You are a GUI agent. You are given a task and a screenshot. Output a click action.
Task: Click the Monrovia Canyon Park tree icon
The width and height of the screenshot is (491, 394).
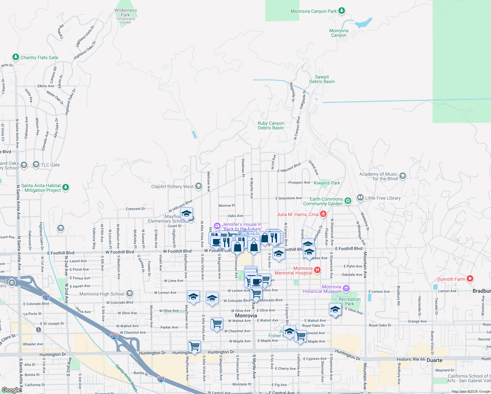coord(341,11)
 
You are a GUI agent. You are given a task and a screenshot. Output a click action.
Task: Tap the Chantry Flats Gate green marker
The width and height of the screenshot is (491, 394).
coord(15,57)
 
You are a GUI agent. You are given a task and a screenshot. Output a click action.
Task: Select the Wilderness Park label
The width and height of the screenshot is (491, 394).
coord(125,12)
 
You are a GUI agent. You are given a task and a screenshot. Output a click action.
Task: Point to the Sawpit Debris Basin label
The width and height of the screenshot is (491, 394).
coord(322,79)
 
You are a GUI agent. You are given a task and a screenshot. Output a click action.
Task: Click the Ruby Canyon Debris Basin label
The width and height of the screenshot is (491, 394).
coord(271,126)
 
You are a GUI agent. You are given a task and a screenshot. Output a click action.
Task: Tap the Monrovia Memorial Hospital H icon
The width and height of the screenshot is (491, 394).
coord(317,270)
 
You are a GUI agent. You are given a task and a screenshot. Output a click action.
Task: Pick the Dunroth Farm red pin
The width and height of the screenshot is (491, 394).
coord(470,279)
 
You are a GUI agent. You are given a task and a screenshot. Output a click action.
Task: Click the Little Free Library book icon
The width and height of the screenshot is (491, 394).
coord(360,198)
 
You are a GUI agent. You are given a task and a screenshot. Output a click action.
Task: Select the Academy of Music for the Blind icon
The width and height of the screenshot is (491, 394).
coord(403,176)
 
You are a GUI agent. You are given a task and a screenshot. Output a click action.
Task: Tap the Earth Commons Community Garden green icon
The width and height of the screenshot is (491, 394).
coord(348,200)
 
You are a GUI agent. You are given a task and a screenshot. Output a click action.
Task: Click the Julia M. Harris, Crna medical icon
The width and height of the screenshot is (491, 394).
coord(323,214)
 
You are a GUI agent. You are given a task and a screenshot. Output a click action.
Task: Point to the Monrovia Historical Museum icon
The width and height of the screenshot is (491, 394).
coord(346,289)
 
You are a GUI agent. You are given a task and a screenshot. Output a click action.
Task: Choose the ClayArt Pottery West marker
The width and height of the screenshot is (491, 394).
coord(198,186)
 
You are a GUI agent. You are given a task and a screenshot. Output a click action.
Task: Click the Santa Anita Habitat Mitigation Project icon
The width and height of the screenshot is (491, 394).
coord(66,187)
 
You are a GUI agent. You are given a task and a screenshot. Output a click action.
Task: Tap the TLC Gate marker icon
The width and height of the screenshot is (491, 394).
coord(36,165)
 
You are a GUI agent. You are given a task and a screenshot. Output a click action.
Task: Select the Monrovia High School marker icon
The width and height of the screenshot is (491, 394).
coord(130,294)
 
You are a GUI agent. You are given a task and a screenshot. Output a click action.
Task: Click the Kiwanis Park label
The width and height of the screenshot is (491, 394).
coord(327,183)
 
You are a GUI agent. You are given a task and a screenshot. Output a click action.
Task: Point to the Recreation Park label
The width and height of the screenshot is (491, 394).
coord(350,301)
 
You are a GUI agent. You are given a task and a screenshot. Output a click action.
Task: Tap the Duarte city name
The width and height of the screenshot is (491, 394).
coord(434,360)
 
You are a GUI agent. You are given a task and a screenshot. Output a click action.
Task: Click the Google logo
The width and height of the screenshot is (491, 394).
coord(11,390)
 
